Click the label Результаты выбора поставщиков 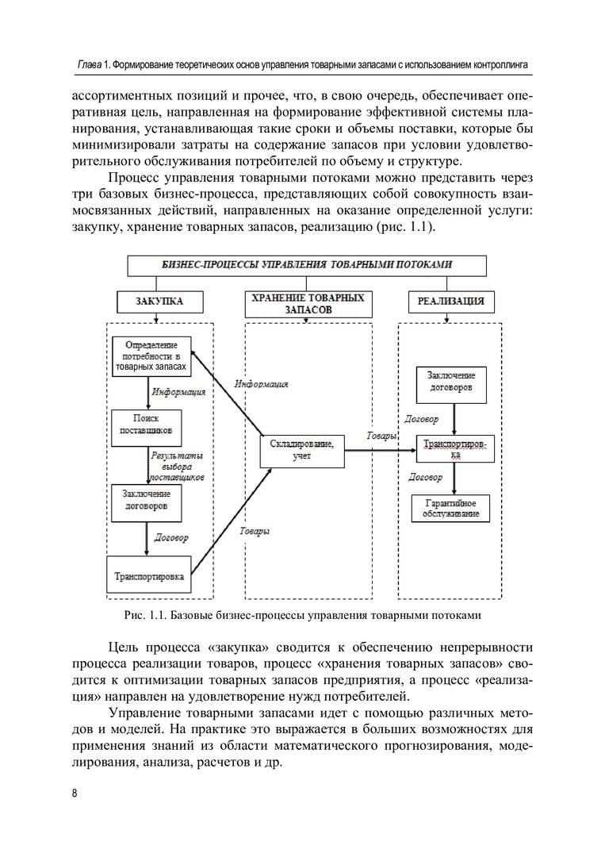coord(176,467)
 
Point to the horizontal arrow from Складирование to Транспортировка coord(381,451)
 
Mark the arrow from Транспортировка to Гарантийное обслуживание coord(452,478)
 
